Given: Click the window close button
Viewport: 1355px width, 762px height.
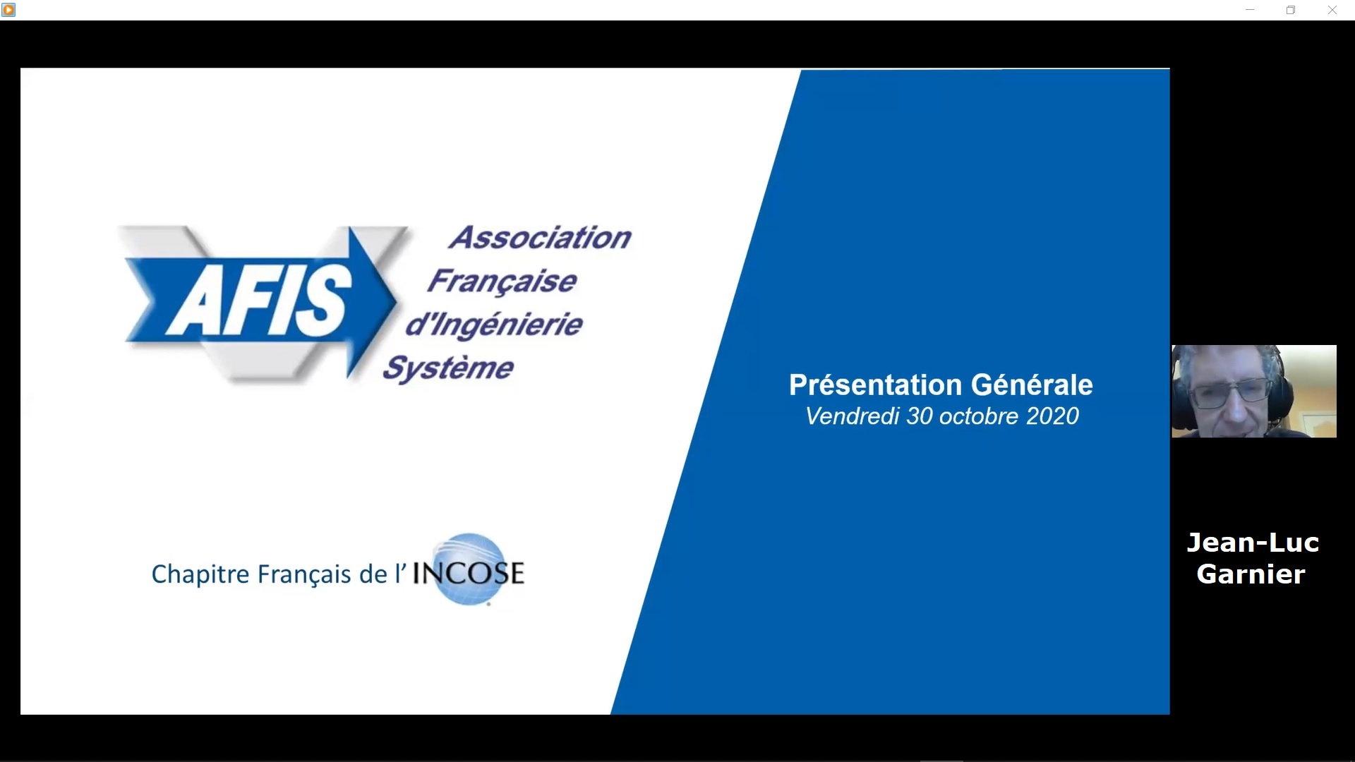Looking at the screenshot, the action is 1332,10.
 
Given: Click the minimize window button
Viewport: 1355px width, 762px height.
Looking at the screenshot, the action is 1250,10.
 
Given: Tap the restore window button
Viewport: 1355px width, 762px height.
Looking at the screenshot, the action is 1291,10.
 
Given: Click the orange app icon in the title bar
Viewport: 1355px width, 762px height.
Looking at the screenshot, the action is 8,10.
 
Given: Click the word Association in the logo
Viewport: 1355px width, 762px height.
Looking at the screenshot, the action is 540,238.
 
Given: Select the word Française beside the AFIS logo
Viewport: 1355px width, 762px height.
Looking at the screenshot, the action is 502,282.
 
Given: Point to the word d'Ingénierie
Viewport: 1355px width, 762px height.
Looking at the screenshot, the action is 494,325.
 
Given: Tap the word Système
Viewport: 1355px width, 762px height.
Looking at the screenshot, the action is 448,368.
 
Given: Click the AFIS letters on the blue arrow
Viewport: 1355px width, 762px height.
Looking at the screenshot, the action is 259,301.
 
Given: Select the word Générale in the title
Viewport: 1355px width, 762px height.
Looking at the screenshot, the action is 1032,385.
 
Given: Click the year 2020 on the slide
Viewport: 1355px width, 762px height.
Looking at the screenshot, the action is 1052,416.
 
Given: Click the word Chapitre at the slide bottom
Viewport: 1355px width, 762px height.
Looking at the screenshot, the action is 200,574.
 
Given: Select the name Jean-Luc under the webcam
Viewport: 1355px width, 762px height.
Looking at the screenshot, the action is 1253,543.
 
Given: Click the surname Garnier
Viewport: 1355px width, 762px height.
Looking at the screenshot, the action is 1251,574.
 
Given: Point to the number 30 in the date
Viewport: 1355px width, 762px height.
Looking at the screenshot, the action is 920,416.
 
